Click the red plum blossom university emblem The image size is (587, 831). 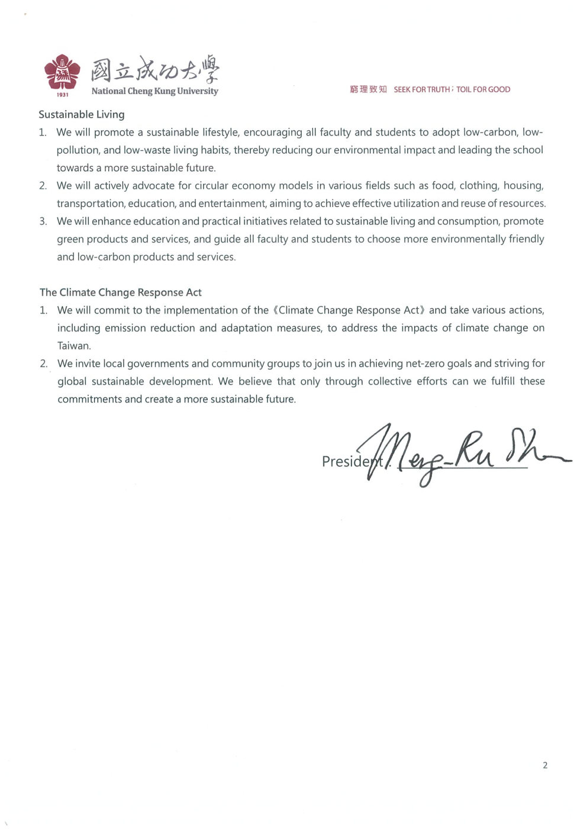point(62,72)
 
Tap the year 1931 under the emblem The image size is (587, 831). point(62,95)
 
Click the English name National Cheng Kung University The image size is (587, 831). point(154,91)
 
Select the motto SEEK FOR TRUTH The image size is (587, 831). point(421,89)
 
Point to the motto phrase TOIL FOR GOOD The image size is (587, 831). point(483,89)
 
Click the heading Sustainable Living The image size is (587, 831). point(82,114)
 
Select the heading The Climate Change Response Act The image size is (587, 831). point(121,292)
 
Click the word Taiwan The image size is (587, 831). point(73,346)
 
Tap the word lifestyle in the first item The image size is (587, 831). point(220,132)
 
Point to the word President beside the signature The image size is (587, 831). point(349,461)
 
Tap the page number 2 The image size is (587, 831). point(545,765)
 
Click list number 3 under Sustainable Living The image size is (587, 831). point(43,221)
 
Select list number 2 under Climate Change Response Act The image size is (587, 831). point(44,363)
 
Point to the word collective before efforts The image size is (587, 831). point(389,381)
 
